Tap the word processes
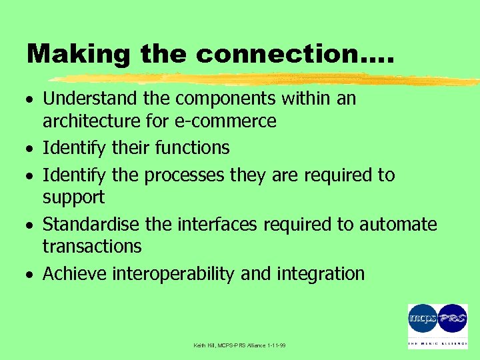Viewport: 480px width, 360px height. pos(185,175)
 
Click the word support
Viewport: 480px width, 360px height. pos(73,197)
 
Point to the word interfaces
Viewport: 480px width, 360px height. pos(217,225)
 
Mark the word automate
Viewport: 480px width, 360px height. pos(398,225)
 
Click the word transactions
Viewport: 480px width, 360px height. pos(92,247)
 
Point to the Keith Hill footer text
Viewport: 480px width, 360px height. pos(239,345)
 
